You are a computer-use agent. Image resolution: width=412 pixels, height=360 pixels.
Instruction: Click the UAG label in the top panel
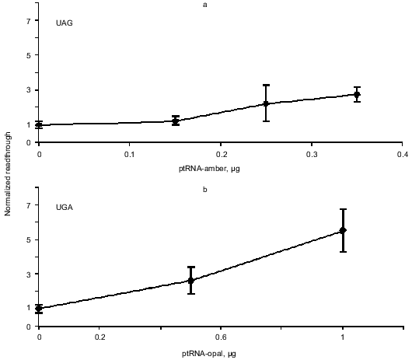point(65,23)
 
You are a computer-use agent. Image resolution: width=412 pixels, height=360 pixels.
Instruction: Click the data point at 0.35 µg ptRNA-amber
point(357,95)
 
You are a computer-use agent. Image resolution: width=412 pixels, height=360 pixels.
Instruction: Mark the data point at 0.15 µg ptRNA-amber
point(176,121)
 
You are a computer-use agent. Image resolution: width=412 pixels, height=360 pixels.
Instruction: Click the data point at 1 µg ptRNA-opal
point(343,230)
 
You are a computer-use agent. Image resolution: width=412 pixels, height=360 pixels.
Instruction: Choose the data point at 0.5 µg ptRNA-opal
point(190,280)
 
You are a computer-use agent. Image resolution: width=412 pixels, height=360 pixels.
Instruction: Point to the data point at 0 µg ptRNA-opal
point(39,308)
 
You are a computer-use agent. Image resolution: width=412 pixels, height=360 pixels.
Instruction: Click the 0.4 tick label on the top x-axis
point(402,154)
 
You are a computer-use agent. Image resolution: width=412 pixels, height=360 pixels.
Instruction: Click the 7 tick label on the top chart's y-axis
point(27,21)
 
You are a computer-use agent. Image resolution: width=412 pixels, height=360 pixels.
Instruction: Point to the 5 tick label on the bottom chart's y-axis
point(27,239)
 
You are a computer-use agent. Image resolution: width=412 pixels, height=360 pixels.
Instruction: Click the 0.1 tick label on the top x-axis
point(129,154)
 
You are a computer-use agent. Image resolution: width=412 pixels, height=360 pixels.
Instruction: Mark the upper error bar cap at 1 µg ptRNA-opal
point(343,209)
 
